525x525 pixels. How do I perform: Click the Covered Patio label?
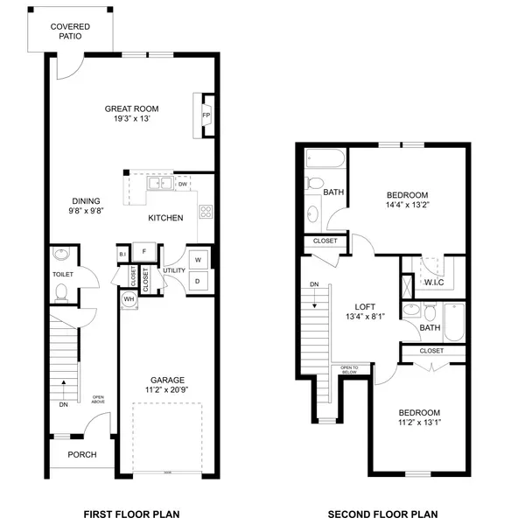click(70, 31)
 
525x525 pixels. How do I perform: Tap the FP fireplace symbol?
click(206, 115)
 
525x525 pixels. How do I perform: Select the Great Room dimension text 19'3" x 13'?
click(131, 118)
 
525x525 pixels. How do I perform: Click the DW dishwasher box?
click(183, 184)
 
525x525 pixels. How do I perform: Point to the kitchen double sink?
click(160, 183)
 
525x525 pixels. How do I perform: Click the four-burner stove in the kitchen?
click(206, 212)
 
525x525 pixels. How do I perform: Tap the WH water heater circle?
click(129, 299)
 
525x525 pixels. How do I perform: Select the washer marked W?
click(199, 260)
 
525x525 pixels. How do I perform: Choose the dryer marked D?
click(198, 281)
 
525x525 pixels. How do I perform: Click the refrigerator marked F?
click(144, 251)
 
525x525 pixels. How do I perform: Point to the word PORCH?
click(82, 454)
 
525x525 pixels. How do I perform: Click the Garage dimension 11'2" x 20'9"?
click(167, 389)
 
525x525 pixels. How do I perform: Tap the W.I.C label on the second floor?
click(434, 283)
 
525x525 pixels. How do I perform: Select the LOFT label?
click(365, 307)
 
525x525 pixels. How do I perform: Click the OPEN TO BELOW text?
click(349, 369)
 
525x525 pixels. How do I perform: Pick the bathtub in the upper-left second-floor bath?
click(325, 158)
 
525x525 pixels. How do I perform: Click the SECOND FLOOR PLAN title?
click(382, 514)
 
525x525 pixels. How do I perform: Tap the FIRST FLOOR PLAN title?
click(131, 514)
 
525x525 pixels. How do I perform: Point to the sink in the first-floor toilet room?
click(61, 254)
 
